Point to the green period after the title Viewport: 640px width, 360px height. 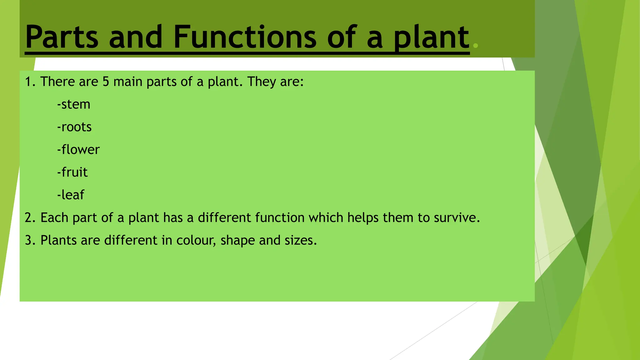[x=476, y=46]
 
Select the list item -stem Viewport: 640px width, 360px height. [x=74, y=104]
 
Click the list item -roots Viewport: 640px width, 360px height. [x=74, y=127]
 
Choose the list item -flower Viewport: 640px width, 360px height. [x=78, y=150]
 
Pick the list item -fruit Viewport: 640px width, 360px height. [x=72, y=172]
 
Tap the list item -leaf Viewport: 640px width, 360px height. [x=71, y=195]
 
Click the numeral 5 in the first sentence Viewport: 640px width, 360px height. [x=106, y=82]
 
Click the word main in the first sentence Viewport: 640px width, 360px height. [x=128, y=82]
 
